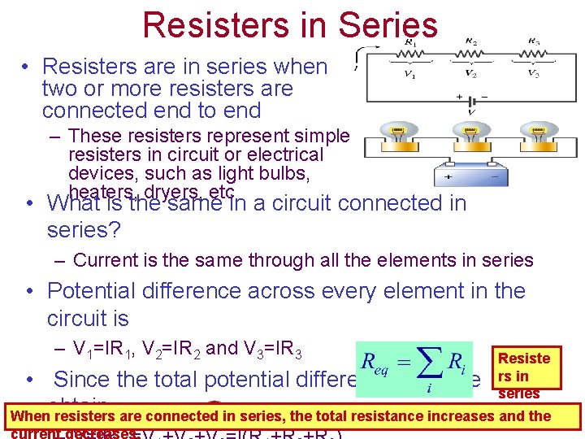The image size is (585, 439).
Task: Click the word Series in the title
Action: click(381, 25)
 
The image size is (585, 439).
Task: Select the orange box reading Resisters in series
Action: click(524, 374)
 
